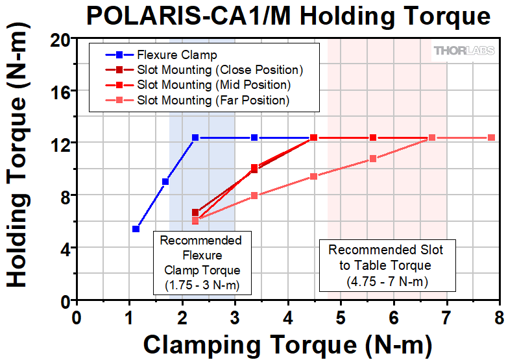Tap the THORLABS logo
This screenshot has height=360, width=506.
[x=463, y=51]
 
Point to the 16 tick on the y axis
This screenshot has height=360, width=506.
[x=61, y=91]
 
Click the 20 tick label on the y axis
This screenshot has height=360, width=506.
[x=61, y=38]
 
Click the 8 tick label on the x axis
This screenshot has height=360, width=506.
[x=499, y=318]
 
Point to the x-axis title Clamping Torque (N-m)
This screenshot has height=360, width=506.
[x=287, y=343]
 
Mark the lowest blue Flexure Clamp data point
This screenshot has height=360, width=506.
[x=136, y=229]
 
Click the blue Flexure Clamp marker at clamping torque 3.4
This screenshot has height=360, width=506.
[x=254, y=138]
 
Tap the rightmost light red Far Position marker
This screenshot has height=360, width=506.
[x=491, y=138]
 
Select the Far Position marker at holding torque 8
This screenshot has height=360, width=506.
[x=254, y=195]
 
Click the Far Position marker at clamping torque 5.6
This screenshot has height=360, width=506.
[x=373, y=158]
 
